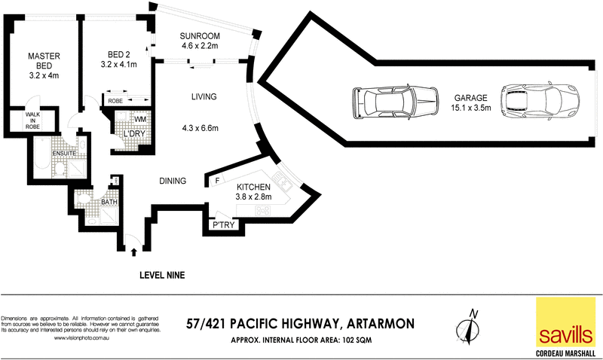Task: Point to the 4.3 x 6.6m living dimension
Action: [200, 128]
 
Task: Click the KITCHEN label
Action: [254, 187]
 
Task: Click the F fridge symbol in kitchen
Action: [217, 181]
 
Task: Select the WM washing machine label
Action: [140, 119]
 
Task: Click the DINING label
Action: [173, 181]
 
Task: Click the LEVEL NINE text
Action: [162, 276]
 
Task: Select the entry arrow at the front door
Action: [135, 252]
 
